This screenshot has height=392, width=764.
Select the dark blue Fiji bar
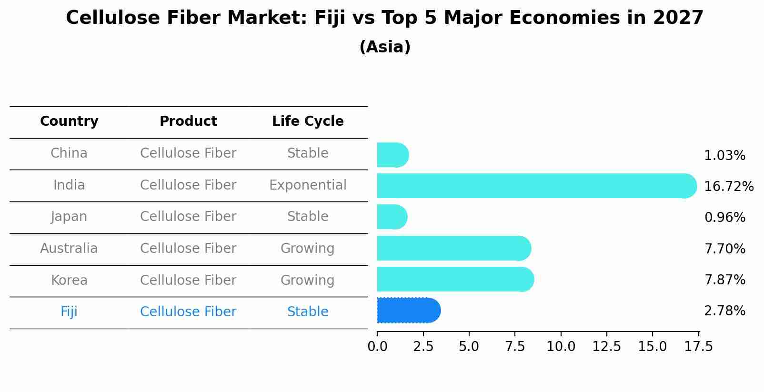[408, 311]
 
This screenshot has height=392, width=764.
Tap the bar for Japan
[392, 217]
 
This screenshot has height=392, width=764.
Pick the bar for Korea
[455, 280]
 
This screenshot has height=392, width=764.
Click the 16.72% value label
[728, 187]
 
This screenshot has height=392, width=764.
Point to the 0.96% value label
[724, 218]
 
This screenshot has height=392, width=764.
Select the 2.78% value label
[724, 311]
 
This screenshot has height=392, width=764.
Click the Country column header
[69, 121]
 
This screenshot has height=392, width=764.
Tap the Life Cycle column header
[308, 121]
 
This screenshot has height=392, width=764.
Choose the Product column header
[188, 121]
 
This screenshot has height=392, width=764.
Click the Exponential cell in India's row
[308, 185]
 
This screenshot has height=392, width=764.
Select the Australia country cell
[69, 249]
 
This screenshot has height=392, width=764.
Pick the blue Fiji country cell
[69, 312]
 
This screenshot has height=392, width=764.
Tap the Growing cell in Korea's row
[308, 280]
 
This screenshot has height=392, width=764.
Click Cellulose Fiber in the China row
[188, 153]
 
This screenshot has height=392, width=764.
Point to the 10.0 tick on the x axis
[561, 347]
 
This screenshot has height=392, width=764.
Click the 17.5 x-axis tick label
[699, 347]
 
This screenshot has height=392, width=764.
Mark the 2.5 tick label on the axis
[423, 347]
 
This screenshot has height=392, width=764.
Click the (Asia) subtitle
[385, 47]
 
